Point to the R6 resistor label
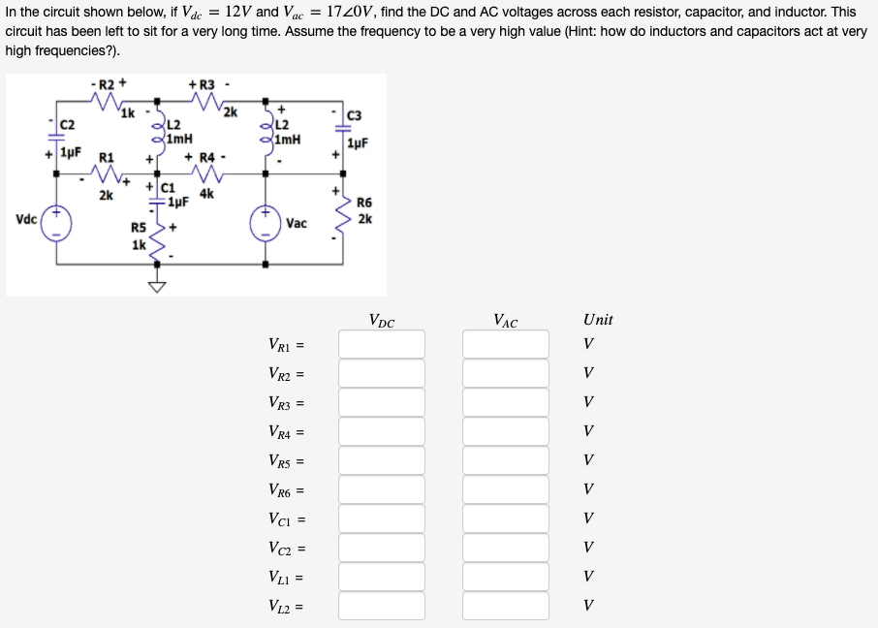click(x=364, y=203)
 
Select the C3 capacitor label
click(x=354, y=116)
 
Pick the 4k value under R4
click(x=206, y=194)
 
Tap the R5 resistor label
click(x=139, y=228)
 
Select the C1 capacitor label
click(x=167, y=188)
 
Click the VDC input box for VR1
click(x=381, y=344)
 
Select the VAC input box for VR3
click(x=505, y=402)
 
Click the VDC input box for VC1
click(x=381, y=518)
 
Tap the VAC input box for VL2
click(x=505, y=606)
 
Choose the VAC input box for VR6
click(x=505, y=489)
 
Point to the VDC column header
click(x=382, y=321)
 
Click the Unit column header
click(x=598, y=320)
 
